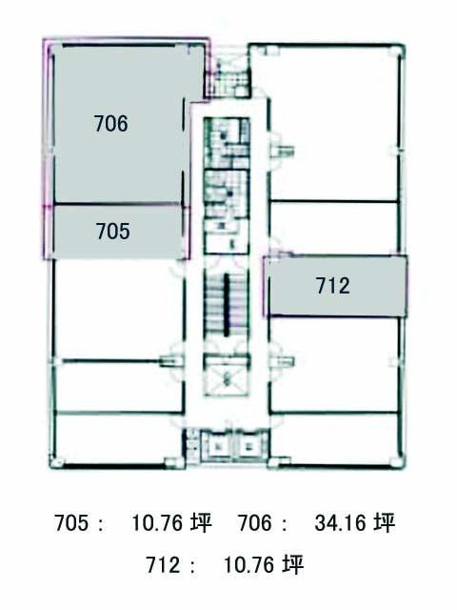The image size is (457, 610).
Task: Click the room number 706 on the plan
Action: point(110,123)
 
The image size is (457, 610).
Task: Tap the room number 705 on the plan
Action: point(113,231)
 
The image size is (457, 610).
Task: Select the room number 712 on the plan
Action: point(332,286)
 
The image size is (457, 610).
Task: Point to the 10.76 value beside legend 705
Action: point(157,522)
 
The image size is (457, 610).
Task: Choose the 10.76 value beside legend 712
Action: point(249,564)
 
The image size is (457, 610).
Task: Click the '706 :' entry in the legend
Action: point(263,522)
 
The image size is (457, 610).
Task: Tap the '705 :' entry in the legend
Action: point(79,522)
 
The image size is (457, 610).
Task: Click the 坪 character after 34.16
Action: point(385,522)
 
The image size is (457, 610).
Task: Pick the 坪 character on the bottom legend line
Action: point(292,564)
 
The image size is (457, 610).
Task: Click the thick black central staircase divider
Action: point(227,304)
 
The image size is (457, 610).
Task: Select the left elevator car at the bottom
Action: point(218,445)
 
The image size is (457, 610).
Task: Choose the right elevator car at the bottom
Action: point(248,445)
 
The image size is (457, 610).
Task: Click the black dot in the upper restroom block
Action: point(224,135)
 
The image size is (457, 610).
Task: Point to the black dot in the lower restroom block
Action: point(230,193)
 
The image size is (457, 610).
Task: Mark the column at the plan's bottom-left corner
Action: point(55,463)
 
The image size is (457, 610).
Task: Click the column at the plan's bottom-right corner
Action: point(397,462)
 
